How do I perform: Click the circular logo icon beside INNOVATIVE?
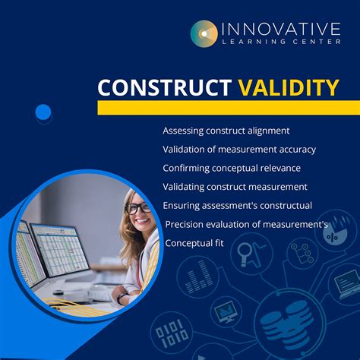coord(204,33)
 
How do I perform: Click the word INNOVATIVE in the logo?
coord(281,29)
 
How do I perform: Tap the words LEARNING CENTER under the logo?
coord(281,43)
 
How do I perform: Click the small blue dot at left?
coord(43,113)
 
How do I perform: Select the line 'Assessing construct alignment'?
coord(226,131)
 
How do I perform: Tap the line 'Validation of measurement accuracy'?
coord(239,149)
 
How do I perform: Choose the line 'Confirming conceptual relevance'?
coord(232,168)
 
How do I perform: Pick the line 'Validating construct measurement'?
coord(235,187)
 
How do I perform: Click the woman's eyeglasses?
coord(137,207)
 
